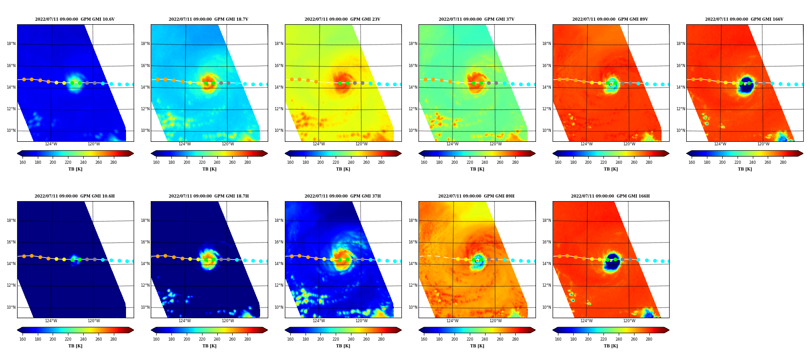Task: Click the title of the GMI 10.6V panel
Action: pos(75,19)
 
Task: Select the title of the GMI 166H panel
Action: pos(610,196)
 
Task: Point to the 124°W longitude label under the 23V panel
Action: pos(319,144)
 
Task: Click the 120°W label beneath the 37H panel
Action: pos(361,321)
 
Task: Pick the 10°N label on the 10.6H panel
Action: pos(11,307)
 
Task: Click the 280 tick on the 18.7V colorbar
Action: pos(247,162)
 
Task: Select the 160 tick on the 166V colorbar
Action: pos(692,162)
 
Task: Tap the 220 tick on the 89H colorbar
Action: pos(470,339)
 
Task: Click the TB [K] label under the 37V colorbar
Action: pos(477,169)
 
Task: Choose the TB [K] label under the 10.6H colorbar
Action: pos(75,346)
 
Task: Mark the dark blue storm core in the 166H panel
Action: pos(612,262)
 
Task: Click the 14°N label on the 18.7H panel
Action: pos(145,264)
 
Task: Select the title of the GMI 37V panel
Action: pos(477,19)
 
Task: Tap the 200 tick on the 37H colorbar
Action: pos(320,339)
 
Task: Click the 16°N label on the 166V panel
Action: pos(680,66)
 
